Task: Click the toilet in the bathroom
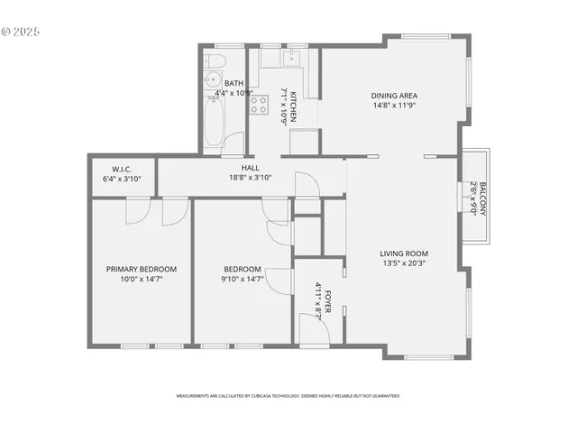(x=215, y=61)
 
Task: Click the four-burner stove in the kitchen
(x=259, y=105)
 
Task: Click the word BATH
(x=234, y=83)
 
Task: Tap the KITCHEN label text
(x=294, y=106)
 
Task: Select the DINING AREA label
(x=394, y=95)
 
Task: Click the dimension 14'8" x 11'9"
(x=394, y=105)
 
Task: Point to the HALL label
(x=250, y=168)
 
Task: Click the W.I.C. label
(x=123, y=169)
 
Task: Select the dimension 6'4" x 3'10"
(x=123, y=178)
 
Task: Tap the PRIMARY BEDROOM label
(x=142, y=269)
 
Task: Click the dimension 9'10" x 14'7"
(x=243, y=279)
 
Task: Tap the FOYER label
(x=328, y=299)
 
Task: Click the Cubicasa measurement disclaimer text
(x=288, y=395)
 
